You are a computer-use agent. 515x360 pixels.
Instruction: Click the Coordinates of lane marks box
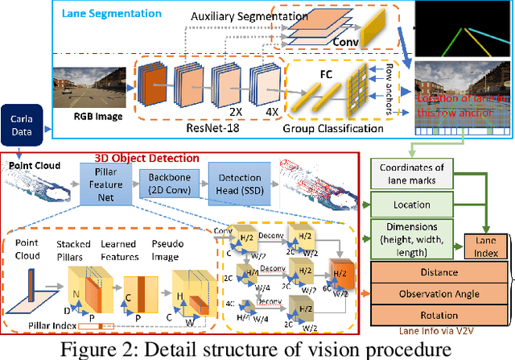[x=413, y=172]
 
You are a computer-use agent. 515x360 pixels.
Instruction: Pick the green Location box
[x=413, y=205]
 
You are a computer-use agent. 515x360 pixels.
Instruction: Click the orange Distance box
[x=435, y=273]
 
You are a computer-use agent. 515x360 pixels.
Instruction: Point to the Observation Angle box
[x=435, y=294]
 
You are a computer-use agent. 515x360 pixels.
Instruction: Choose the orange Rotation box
[x=435, y=315]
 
